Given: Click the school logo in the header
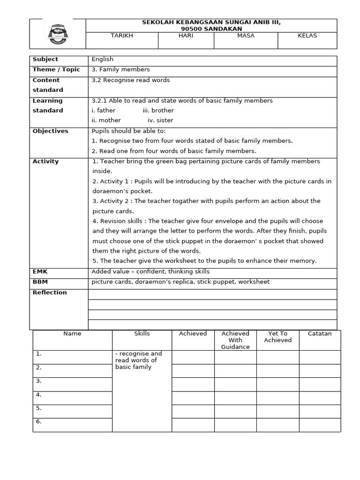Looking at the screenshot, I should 58,34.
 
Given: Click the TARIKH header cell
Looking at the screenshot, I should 121,36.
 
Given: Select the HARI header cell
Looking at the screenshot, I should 186,36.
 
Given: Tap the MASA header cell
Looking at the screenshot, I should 246,36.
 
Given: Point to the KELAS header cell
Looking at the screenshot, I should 307,36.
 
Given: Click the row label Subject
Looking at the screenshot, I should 45,60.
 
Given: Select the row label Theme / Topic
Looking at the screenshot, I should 56,70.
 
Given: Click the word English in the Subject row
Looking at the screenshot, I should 102,60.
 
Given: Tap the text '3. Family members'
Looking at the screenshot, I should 120,70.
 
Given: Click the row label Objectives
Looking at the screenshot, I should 50,131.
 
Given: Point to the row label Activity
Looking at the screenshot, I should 45,162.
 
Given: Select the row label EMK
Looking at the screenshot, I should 40,272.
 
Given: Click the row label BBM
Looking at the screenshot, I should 40,282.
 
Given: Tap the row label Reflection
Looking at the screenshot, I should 50,292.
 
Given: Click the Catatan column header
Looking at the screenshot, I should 320,334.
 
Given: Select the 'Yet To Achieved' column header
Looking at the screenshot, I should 277,337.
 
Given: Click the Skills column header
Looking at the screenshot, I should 142,334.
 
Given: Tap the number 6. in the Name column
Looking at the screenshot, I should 39,421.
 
